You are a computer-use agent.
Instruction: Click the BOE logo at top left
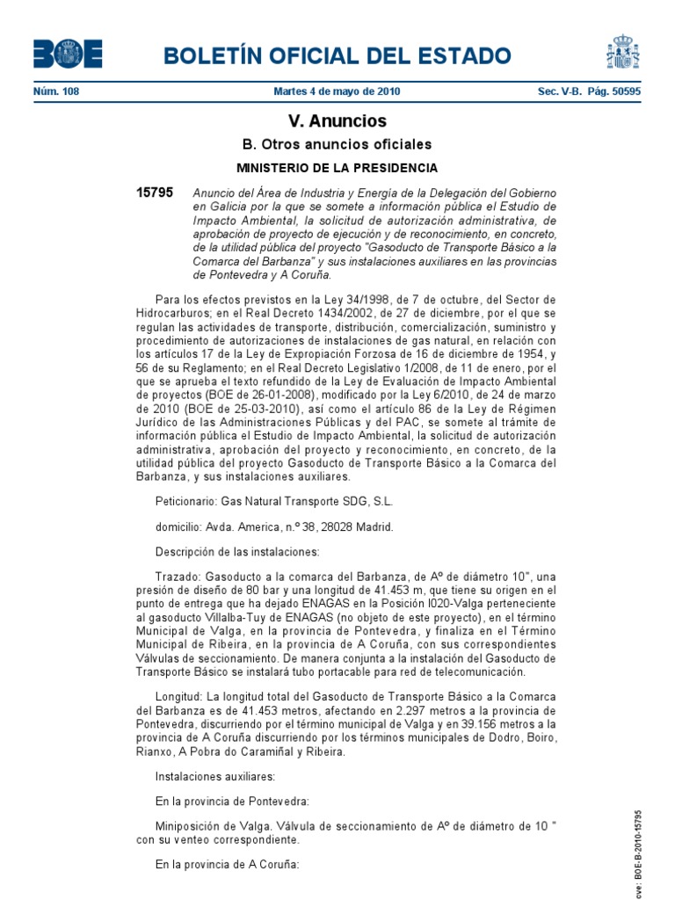[x=68, y=54]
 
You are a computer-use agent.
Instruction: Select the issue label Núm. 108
[x=56, y=91]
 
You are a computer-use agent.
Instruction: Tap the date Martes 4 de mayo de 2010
[x=337, y=91]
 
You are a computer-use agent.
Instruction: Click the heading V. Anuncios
[x=337, y=121]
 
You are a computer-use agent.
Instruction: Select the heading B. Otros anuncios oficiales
[x=337, y=144]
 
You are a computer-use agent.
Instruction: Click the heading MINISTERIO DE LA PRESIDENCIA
[x=337, y=167]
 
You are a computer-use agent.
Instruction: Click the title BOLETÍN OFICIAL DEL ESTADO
[x=344, y=57]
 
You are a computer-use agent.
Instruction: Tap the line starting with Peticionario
[x=274, y=501]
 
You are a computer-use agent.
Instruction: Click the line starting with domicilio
[x=274, y=526]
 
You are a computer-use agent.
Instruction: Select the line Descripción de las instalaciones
[x=237, y=552]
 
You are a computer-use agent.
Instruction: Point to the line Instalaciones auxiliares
[x=215, y=776]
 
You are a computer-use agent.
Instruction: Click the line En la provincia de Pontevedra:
[x=232, y=801]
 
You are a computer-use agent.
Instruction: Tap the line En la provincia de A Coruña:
[x=228, y=865]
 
